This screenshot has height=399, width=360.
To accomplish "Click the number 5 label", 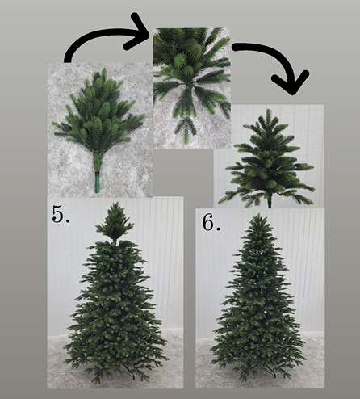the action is pyautogui.click(x=58, y=213).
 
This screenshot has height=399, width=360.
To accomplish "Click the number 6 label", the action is pyautogui.click(x=208, y=223).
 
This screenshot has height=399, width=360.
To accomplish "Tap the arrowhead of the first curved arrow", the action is pyautogui.click(x=136, y=31).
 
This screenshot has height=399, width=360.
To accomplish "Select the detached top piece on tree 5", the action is pyautogui.click(x=115, y=221).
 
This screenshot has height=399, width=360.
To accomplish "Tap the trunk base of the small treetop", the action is pyautogui.click(x=270, y=204).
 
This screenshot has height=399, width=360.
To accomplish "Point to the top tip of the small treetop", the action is pyautogui.click(x=268, y=110).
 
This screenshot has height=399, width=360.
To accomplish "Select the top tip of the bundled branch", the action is pyautogui.click(x=104, y=69).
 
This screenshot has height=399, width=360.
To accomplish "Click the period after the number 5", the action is pyautogui.click(x=67, y=220).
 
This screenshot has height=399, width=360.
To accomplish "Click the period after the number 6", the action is pyautogui.click(x=218, y=229).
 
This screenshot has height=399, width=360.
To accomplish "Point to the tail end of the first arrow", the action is pyautogui.click(x=68, y=60).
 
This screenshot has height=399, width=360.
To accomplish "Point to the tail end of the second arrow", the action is pyautogui.click(x=235, y=47).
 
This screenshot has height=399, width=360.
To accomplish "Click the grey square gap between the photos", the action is pyautogui.click(x=183, y=172).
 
